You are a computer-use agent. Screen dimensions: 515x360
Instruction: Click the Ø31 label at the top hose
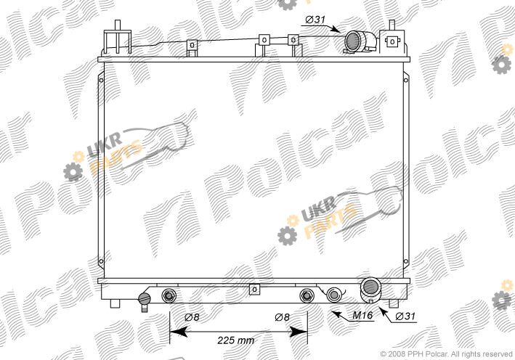315,20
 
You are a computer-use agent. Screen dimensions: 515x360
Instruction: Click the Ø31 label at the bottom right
405,316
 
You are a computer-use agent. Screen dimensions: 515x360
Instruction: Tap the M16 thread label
362,316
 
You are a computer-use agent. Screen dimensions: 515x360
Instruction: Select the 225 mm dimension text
235,340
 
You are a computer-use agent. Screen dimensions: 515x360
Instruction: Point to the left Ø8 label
192,317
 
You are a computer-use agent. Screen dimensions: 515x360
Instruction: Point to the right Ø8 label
282,317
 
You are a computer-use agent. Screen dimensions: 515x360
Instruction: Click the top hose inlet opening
352,41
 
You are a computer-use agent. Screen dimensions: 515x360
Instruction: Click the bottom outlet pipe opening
369,287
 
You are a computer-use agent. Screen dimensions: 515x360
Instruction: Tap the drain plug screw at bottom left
145,298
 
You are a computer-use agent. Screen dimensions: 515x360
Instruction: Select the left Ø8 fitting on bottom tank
169,295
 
